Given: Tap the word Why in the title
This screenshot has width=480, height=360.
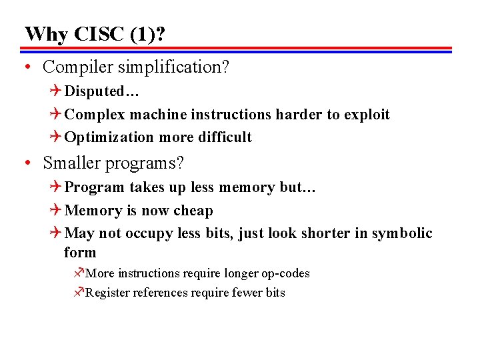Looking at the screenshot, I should tap(45, 33).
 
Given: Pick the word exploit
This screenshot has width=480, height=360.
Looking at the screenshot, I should tap(367, 115).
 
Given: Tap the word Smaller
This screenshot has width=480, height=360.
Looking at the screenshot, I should tap(71, 163).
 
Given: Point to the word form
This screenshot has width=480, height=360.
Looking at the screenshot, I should tap(80, 253).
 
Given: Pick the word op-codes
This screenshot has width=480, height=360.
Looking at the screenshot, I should tap(285, 273).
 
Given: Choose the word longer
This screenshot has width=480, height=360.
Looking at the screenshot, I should tap(242, 273).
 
